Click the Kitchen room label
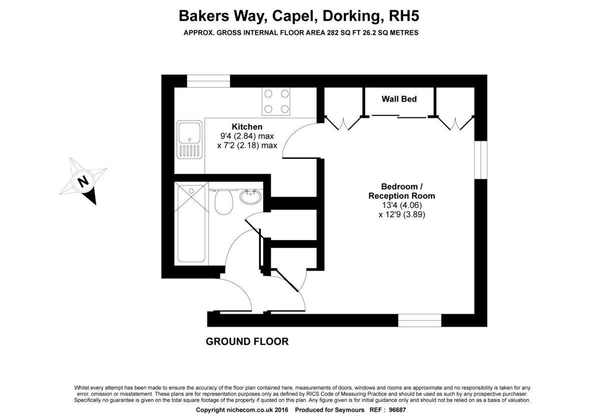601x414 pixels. click(247, 126)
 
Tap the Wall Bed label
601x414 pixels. click(399, 99)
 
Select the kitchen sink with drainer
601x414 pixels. click(189, 140)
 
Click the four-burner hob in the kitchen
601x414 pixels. click(276, 101)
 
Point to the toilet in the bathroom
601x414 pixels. click(223, 201)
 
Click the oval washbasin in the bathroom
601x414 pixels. click(250, 196)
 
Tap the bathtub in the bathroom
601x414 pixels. click(191, 224)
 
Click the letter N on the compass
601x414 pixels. click(83, 181)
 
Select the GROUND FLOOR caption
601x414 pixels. click(247, 341)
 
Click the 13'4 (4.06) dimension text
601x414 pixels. click(402, 205)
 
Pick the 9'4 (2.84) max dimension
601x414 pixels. click(247, 136)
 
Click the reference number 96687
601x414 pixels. click(397, 409)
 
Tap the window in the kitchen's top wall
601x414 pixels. click(208, 81)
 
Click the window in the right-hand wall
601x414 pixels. click(480, 160)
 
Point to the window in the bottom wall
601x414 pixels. click(420, 320)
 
